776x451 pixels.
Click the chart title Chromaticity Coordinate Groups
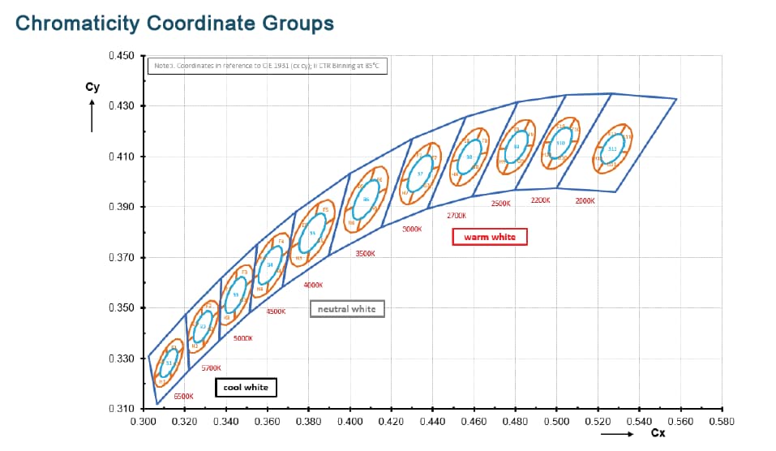pyautogui.click(x=174, y=23)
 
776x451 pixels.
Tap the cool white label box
pyautogui.click(x=247, y=388)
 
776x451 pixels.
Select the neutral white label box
pyautogui.click(x=346, y=309)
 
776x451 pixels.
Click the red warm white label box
pyautogui.click(x=489, y=237)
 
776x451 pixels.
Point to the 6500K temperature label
pyautogui.click(x=183, y=397)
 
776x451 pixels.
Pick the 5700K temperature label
pyautogui.click(x=211, y=367)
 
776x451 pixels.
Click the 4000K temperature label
pyautogui.click(x=313, y=285)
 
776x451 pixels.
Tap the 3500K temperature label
pyautogui.click(x=365, y=254)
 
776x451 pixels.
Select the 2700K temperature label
pyautogui.click(x=457, y=216)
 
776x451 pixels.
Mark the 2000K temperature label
pyautogui.click(x=585, y=200)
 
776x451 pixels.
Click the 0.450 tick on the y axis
pyautogui.click(x=120, y=56)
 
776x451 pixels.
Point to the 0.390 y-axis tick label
pyautogui.click(x=120, y=207)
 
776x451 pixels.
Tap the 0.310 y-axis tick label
pyautogui.click(x=120, y=408)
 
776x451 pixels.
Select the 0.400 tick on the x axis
pyautogui.click(x=349, y=422)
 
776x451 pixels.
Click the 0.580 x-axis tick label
pyautogui.click(x=721, y=422)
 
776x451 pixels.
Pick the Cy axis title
pyautogui.click(x=92, y=87)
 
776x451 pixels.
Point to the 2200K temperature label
pyautogui.click(x=541, y=200)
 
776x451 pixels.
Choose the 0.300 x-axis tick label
pyautogui.click(x=144, y=422)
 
